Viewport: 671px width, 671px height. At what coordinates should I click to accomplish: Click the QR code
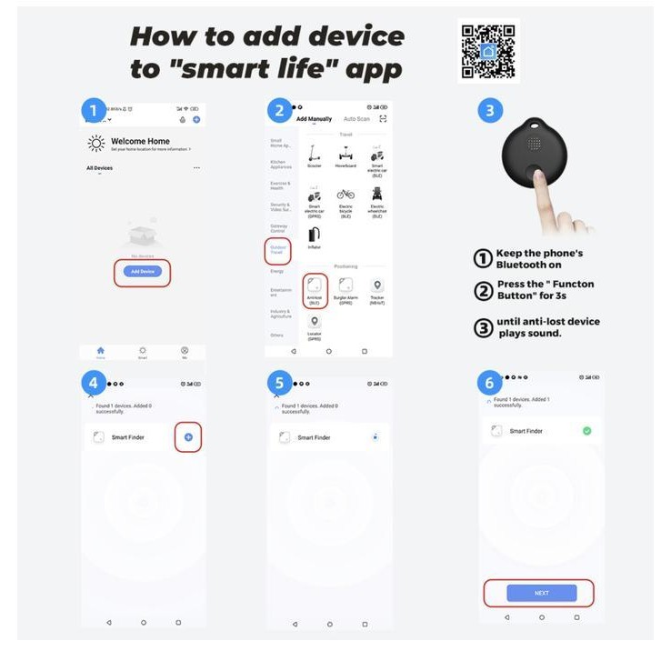tap(488, 51)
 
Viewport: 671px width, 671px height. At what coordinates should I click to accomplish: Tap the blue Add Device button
tap(142, 271)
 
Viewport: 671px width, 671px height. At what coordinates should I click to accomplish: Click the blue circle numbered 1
tap(94, 111)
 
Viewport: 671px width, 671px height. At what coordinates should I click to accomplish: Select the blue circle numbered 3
tap(490, 111)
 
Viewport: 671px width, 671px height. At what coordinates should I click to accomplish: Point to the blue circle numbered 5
tap(279, 381)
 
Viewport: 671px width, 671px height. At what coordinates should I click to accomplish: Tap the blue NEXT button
tap(541, 593)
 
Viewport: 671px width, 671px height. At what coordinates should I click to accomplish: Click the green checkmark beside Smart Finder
tap(586, 430)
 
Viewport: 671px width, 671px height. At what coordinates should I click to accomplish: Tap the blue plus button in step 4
tap(188, 437)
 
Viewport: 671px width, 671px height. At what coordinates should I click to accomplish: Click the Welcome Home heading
tap(140, 142)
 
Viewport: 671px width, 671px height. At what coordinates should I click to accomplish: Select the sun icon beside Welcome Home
tap(96, 143)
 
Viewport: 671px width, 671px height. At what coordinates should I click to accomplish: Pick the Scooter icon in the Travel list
tap(314, 153)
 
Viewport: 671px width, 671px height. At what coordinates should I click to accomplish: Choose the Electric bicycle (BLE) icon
tap(345, 195)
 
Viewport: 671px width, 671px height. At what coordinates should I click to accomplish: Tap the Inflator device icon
tap(314, 235)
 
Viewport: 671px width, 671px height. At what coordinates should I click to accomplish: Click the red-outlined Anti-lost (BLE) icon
tap(314, 285)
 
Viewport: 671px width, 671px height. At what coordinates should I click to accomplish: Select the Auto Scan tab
tap(356, 119)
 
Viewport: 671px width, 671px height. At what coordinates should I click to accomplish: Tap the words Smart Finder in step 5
tap(314, 437)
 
